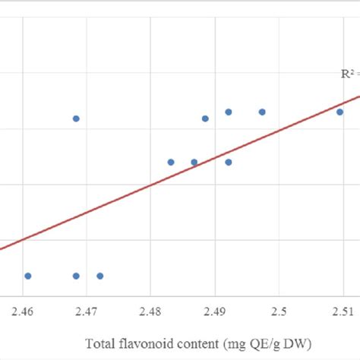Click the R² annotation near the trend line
[x=349, y=74]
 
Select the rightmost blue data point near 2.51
[x=340, y=112]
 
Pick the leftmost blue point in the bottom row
[x=28, y=276]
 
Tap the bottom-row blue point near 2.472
[x=99, y=276]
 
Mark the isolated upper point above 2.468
[x=76, y=118]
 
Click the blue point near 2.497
[x=262, y=112]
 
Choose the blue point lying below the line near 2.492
[x=228, y=162]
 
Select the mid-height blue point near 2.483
[x=171, y=162]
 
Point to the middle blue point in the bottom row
[x=76, y=276]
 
